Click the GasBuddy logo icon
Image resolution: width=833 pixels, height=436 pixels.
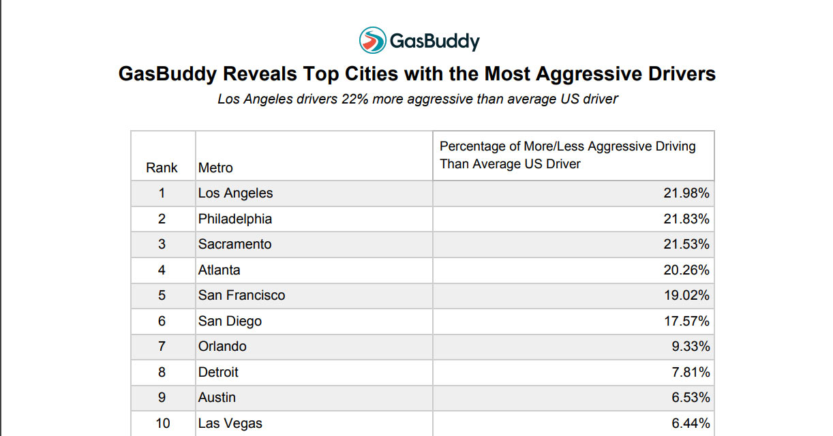(x=372, y=41)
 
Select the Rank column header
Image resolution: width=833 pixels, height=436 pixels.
(x=162, y=168)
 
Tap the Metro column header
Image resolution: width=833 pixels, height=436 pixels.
(x=215, y=168)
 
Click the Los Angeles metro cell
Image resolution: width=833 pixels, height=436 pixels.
(x=235, y=193)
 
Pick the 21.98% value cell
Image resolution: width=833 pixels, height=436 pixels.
(x=686, y=193)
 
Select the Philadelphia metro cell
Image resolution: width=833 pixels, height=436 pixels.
(x=234, y=219)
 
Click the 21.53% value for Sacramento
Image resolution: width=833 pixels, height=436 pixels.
(x=686, y=244)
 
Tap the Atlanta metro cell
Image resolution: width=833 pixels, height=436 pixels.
(x=219, y=270)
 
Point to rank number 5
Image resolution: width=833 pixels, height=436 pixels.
(x=162, y=295)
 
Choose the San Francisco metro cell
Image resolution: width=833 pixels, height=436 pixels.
(x=241, y=295)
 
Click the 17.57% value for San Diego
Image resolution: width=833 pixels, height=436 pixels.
(x=686, y=321)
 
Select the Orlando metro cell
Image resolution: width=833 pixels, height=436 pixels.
(x=222, y=346)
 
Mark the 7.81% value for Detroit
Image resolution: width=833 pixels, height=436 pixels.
(x=691, y=372)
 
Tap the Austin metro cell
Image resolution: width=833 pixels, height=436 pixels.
(x=216, y=397)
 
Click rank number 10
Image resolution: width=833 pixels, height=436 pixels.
(x=162, y=423)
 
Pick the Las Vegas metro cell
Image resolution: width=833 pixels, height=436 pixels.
(x=230, y=423)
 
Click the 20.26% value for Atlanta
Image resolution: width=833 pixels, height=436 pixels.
(x=686, y=270)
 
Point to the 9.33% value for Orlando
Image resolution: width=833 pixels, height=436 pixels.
(x=691, y=346)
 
